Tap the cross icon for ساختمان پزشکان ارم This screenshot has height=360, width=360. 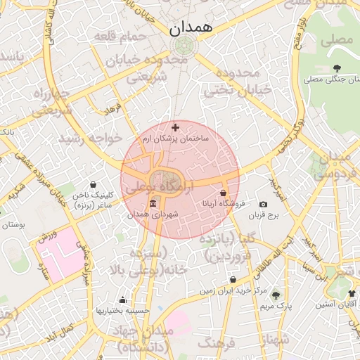pyautogui.click(x=175, y=127)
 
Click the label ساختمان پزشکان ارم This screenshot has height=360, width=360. pyautogui.click(x=175, y=139)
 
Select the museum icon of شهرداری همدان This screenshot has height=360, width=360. pyautogui.click(x=153, y=202)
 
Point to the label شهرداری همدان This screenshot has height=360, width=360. pyautogui.click(x=153, y=214)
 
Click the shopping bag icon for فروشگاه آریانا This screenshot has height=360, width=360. pyautogui.click(x=223, y=193)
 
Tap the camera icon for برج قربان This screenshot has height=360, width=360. pyautogui.click(x=263, y=204)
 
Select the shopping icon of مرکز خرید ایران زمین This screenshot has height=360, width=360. pyautogui.click(x=233, y=279)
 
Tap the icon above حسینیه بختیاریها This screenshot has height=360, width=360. pyautogui.click(x=123, y=300)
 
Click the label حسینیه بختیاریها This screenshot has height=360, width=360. pyautogui.click(x=124, y=311)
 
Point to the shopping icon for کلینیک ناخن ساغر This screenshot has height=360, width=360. pyautogui.click(x=94, y=184)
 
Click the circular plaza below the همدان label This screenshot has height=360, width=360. pyautogui.click(x=184, y=47)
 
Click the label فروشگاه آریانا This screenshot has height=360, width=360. pyautogui.click(x=223, y=204)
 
